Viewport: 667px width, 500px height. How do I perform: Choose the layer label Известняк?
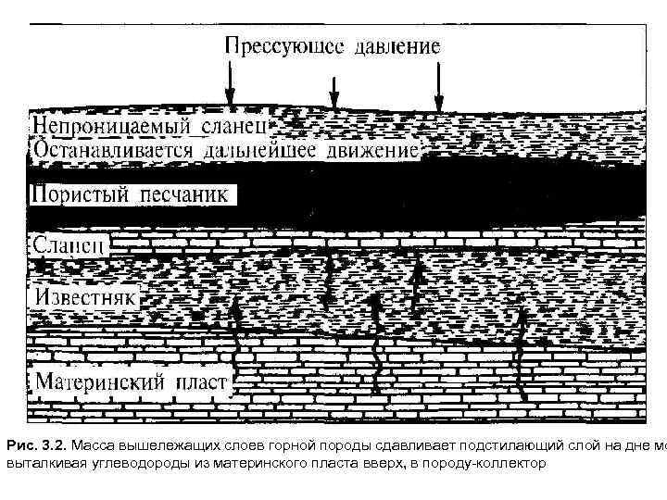pyautogui.click(x=85, y=296)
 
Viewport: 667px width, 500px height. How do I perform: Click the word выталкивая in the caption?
pyautogui.click(x=33, y=462)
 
